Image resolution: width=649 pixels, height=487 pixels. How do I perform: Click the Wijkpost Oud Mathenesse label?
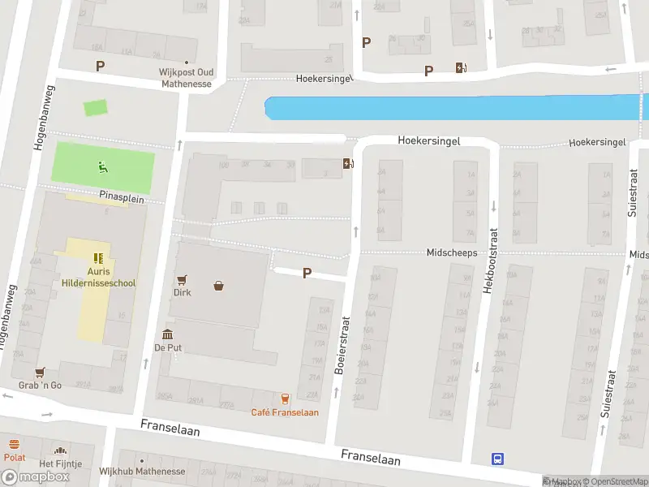coord(185,78)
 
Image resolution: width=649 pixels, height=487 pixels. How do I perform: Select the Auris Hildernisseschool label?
coord(99,278)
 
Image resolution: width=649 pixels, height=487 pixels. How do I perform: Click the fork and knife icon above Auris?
coord(99,258)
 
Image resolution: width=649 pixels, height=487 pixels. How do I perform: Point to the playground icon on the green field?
coord(102,167)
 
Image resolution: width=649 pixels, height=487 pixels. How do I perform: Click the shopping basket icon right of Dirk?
coord(219,285)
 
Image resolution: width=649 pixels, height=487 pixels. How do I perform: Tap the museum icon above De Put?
coord(167,334)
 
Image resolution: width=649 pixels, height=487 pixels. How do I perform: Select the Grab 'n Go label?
coord(41,385)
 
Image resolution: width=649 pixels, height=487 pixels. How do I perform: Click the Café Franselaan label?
coord(285,412)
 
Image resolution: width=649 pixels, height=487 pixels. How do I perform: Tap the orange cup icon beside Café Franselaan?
coord(285,398)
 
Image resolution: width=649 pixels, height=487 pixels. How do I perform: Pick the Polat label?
coord(15,457)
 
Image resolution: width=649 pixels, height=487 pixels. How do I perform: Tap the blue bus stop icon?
coord(497,459)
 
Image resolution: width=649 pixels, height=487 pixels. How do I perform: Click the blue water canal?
coord(454,109)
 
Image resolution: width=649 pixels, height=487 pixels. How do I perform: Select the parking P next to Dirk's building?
coord(307,274)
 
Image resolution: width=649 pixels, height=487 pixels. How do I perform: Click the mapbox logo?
coord(35,477)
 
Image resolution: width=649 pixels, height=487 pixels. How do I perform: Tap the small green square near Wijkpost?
coord(95,107)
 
